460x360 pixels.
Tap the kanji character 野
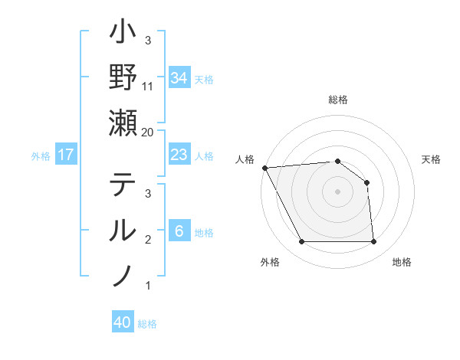(123, 78)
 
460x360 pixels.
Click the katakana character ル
(123, 230)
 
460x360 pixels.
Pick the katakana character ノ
(123, 273)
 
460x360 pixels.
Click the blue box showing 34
(179, 78)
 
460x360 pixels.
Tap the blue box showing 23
(179, 155)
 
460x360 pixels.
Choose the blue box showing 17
(66, 155)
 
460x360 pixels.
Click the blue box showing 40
(123, 322)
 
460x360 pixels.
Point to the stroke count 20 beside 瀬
(147, 133)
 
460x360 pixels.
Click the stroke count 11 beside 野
(147, 87)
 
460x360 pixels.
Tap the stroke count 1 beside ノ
(147, 286)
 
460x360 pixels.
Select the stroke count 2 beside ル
(147, 240)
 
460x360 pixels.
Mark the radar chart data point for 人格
(264, 168)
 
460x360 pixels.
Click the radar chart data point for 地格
(374, 242)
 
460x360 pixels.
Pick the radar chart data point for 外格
(301, 242)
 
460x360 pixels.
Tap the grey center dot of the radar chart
(337, 191)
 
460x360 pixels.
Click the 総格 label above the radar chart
(337, 100)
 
